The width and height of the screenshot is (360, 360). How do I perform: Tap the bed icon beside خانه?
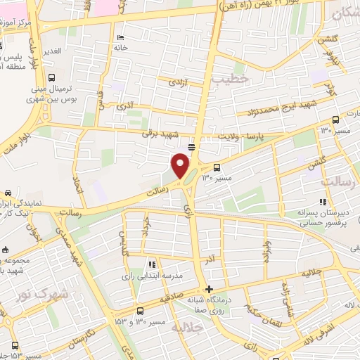(x=121, y=37)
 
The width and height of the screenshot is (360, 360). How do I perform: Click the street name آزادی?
(x=176, y=82)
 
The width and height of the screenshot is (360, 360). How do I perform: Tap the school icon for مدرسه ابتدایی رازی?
(x=151, y=265)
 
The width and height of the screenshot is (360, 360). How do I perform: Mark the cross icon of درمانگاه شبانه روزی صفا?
(x=208, y=289)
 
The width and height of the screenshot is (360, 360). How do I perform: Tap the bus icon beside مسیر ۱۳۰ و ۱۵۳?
(x=140, y=310)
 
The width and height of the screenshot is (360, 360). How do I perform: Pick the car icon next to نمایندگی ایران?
(x=7, y=193)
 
